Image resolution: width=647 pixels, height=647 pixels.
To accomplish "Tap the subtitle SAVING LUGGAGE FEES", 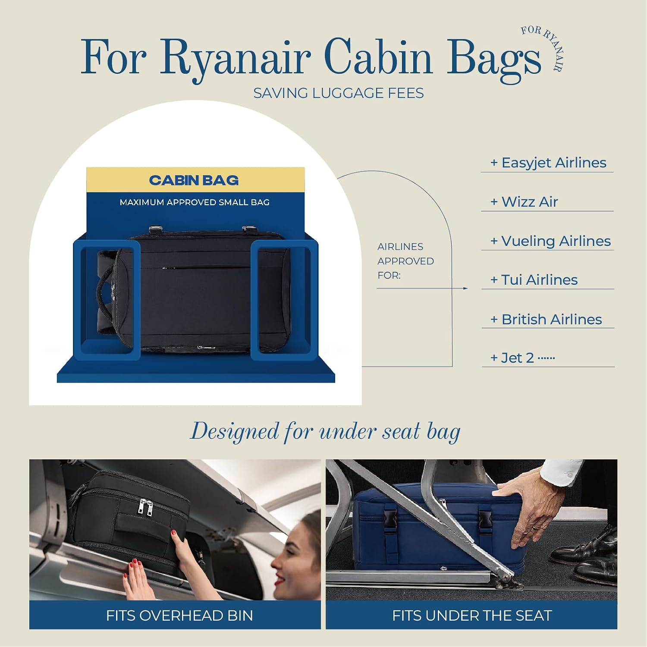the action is pyautogui.click(x=338, y=93).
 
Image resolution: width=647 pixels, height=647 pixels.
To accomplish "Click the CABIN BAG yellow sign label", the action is pyautogui.click(x=194, y=180).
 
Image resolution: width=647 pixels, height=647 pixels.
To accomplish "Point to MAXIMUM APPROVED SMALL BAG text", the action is pyautogui.click(x=195, y=202).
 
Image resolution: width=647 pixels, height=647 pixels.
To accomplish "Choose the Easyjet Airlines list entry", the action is pyautogui.click(x=548, y=163).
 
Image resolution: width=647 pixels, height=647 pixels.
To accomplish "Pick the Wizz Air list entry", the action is pyautogui.click(x=524, y=202).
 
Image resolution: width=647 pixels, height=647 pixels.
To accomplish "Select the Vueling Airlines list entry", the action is pyautogui.click(x=550, y=241).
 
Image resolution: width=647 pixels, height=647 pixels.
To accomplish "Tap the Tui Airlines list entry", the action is pyautogui.click(x=534, y=280).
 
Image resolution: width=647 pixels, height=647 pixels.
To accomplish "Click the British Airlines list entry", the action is pyautogui.click(x=546, y=319).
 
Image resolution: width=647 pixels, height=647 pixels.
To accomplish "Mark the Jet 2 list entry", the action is pyautogui.click(x=522, y=358).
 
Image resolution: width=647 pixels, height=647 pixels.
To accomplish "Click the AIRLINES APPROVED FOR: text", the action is pyautogui.click(x=405, y=261).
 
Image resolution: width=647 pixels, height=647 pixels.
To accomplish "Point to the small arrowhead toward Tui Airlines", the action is pyautogui.click(x=465, y=288).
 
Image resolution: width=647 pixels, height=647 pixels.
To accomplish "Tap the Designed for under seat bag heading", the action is pyautogui.click(x=325, y=432).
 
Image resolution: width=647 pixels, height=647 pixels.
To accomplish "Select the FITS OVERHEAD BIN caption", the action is pyautogui.click(x=179, y=616).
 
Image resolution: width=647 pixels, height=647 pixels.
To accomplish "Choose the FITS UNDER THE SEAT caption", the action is pyautogui.click(x=472, y=616).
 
